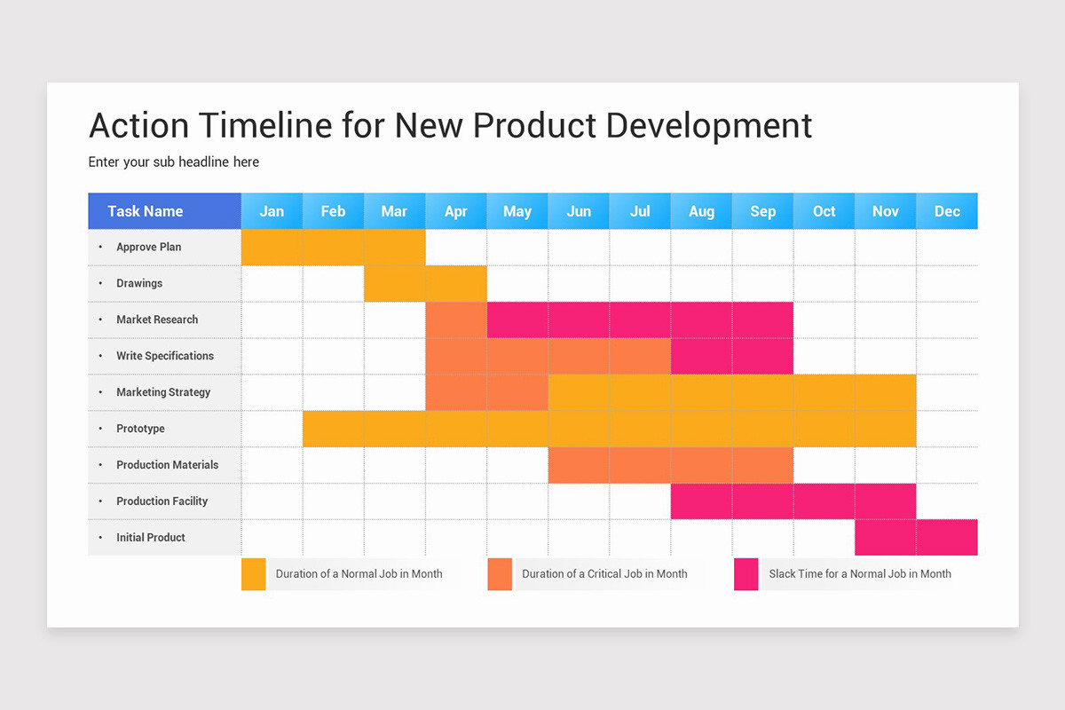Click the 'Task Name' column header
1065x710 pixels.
(146, 211)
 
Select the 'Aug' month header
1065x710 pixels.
(701, 211)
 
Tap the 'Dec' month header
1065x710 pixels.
(947, 211)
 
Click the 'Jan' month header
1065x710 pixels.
(272, 211)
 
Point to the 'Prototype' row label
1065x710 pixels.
(140, 429)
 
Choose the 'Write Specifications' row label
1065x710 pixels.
(164, 356)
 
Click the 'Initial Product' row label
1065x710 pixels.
(150, 538)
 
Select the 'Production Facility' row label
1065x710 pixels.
(162, 501)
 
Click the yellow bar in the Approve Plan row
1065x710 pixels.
(333, 248)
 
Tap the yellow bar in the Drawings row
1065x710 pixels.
(425, 284)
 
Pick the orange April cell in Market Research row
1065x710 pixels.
(456, 320)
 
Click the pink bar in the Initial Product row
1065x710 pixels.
(916, 538)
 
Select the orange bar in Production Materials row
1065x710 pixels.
(670, 465)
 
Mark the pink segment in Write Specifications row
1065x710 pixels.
(731, 356)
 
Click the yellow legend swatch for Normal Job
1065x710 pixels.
(254, 574)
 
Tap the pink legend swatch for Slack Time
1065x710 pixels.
(746, 574)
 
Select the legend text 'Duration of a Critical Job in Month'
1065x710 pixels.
(604, 574)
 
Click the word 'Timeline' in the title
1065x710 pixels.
(264, 126)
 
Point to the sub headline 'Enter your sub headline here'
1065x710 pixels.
(174, 162)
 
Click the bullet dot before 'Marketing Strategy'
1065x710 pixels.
(100, 392)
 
